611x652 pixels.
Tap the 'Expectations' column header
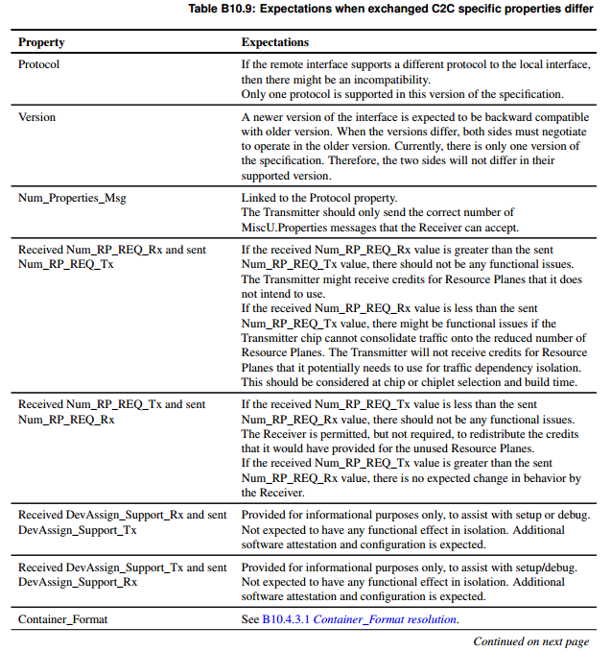275,42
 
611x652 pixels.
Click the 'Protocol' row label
39,64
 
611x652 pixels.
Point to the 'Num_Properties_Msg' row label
72,198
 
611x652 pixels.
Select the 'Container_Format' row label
63,619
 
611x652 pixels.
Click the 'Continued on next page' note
530,640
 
